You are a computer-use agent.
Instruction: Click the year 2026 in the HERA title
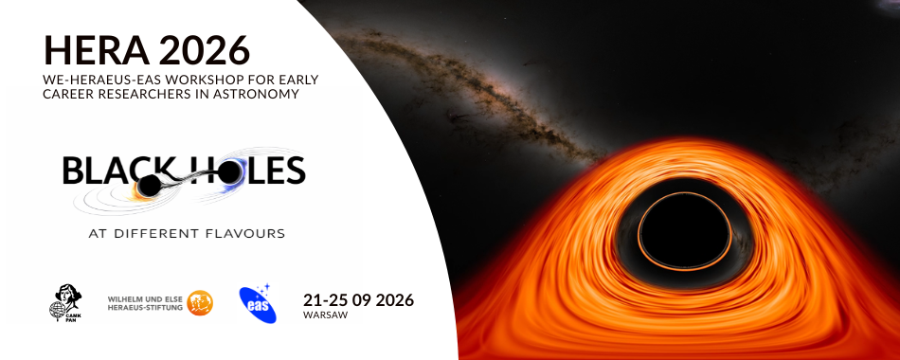pyautogui.click(x=207, y=47)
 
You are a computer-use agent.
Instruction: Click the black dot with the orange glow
pyautogui.click(x=148, y=187)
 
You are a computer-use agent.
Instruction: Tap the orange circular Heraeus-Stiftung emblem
pyautogui.click(x=200, y=303)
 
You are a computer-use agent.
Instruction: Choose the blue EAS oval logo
pyautogui.click(x=258, y=304)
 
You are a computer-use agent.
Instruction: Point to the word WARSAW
pyautogui.click(x=325, y=315)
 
